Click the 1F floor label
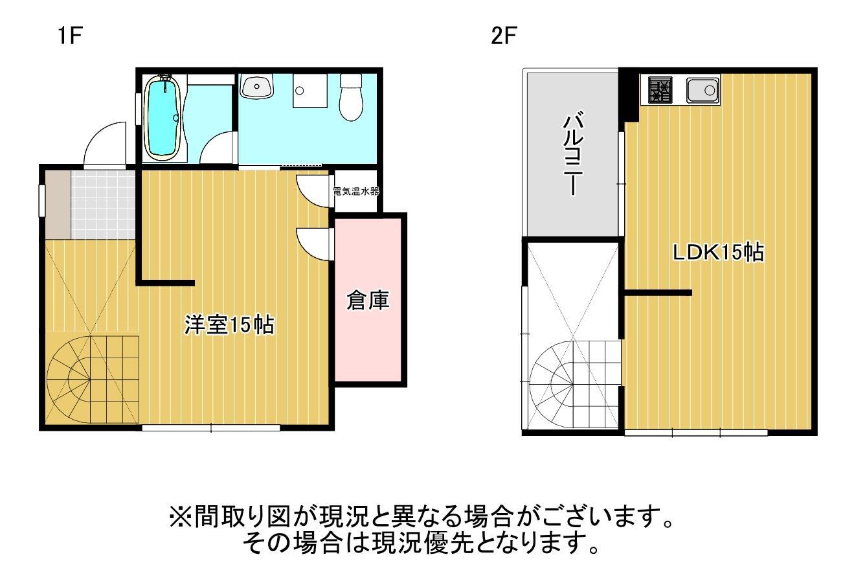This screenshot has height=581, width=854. [68, 36]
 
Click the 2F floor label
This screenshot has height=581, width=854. [504, 36]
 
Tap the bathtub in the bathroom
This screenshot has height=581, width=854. [161, 117]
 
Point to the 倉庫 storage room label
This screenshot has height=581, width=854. [368, 301]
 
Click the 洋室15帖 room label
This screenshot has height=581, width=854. [229, 325]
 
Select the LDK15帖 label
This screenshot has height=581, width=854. [717, 252]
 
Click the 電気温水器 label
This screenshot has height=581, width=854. [355, 192]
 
